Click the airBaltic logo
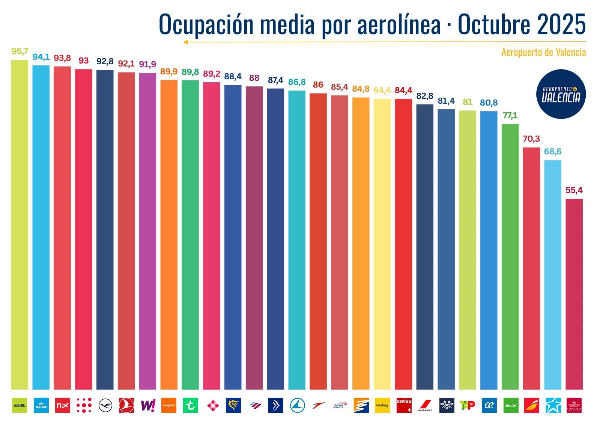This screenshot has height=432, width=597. pos(20,405)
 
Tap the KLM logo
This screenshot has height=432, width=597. pos(41,405)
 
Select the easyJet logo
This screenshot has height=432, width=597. pos(169,405)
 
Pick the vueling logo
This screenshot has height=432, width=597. pos(382,405)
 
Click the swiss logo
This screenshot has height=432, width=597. pos(404,405)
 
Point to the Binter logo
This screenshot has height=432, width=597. pos(511,405)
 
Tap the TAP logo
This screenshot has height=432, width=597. pos(468,405)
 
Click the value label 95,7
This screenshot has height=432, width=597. pos(20,51)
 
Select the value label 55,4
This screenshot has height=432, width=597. pos(574,190)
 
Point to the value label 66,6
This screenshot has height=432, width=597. pos(553,152)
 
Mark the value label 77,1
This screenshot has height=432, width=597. pos(510,116)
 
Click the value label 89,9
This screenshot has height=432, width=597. pos(169,72)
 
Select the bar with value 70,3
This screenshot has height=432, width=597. pos(531,269)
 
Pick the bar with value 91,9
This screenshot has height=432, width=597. pos(147,231)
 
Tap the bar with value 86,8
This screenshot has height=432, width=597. pos(297,240)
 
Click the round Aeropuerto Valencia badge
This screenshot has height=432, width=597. pos(561,94)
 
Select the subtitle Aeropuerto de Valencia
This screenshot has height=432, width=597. pos(543,52)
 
